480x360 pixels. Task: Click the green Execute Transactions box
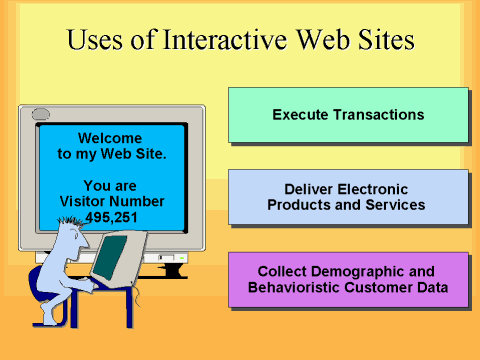tap(348, 115)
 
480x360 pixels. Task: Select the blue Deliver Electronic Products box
tap(348, 197)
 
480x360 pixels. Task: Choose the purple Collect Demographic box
tap(348, 279)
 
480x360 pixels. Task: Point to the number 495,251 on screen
tap(111, 217)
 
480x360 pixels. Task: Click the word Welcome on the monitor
tap(111, 138)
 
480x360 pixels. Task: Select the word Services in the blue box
tap(397, 205)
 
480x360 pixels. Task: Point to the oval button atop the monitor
tap(40, 113)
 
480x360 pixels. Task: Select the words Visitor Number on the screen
tap(111, 201)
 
